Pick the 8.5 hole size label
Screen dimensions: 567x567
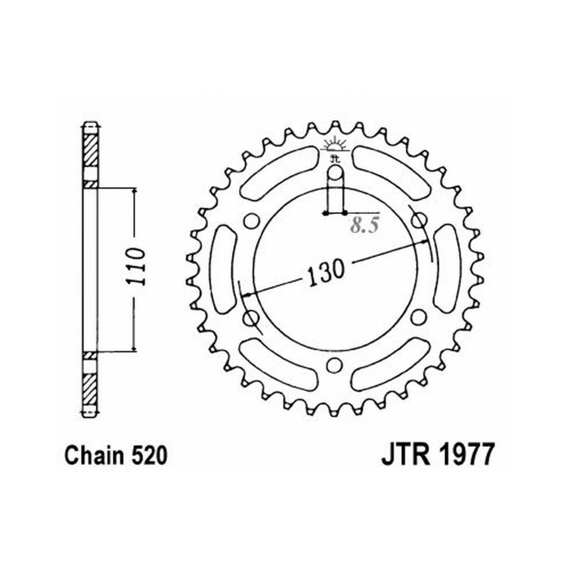pyautogui.click(x=365, y=226)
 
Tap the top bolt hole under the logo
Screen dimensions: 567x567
pyautogui.click(x=335, y=172)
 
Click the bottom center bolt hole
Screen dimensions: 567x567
pyautogui.click(x=334, y=365)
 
